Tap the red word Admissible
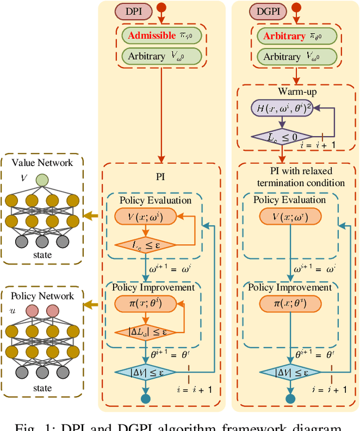point(152,36)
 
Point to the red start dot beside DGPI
point(290,10)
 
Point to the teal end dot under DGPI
point(290,399)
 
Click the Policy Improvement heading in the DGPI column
point(290,288)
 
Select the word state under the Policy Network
point(42,388)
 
